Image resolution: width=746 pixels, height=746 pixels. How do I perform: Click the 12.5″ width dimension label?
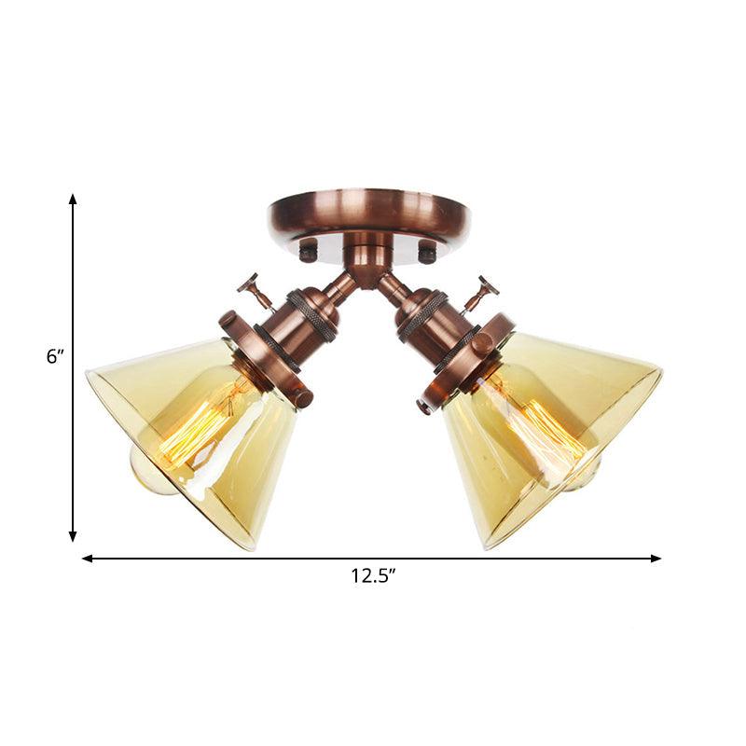(x=373, y=576)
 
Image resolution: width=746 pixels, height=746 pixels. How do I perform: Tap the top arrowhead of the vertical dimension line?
(x=73, y=200)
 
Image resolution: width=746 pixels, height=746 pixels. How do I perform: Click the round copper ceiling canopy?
(x=368, y=213)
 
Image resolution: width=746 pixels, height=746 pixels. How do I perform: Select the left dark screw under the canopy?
(x=309, y=250)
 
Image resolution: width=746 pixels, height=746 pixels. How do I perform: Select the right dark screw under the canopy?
(x=427, y=250)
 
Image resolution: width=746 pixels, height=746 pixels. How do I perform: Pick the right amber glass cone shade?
(x=550, y=429)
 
